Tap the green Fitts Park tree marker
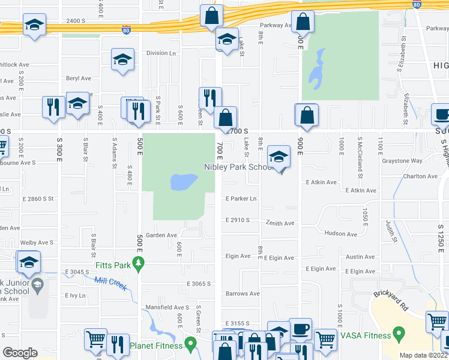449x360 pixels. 139,263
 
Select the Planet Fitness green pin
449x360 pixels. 191,344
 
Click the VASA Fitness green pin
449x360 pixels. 397,332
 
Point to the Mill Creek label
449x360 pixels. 110,283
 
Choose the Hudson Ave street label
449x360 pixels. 340,233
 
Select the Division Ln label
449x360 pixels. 161,53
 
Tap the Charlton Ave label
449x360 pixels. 420,176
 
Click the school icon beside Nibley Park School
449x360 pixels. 279,157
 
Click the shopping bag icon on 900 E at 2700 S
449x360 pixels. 306,115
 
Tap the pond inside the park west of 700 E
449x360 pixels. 184,182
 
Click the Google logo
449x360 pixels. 20,353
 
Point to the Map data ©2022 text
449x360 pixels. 423,355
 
